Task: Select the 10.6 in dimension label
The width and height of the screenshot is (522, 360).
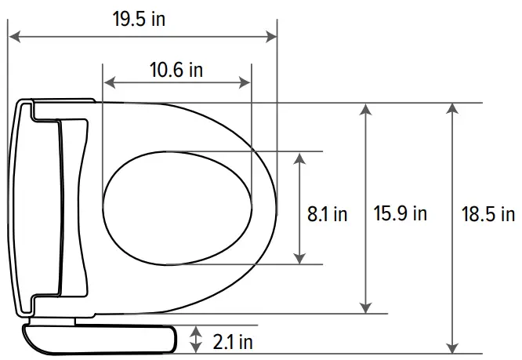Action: [x=176, y=70]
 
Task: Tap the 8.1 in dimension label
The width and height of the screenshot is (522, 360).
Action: [x=327, y=213]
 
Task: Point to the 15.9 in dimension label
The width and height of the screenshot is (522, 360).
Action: [x=400, y=213]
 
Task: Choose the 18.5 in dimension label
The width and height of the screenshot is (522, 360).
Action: [x=487, y=213]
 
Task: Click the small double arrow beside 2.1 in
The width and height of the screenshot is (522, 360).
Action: [x=196, y=340]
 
